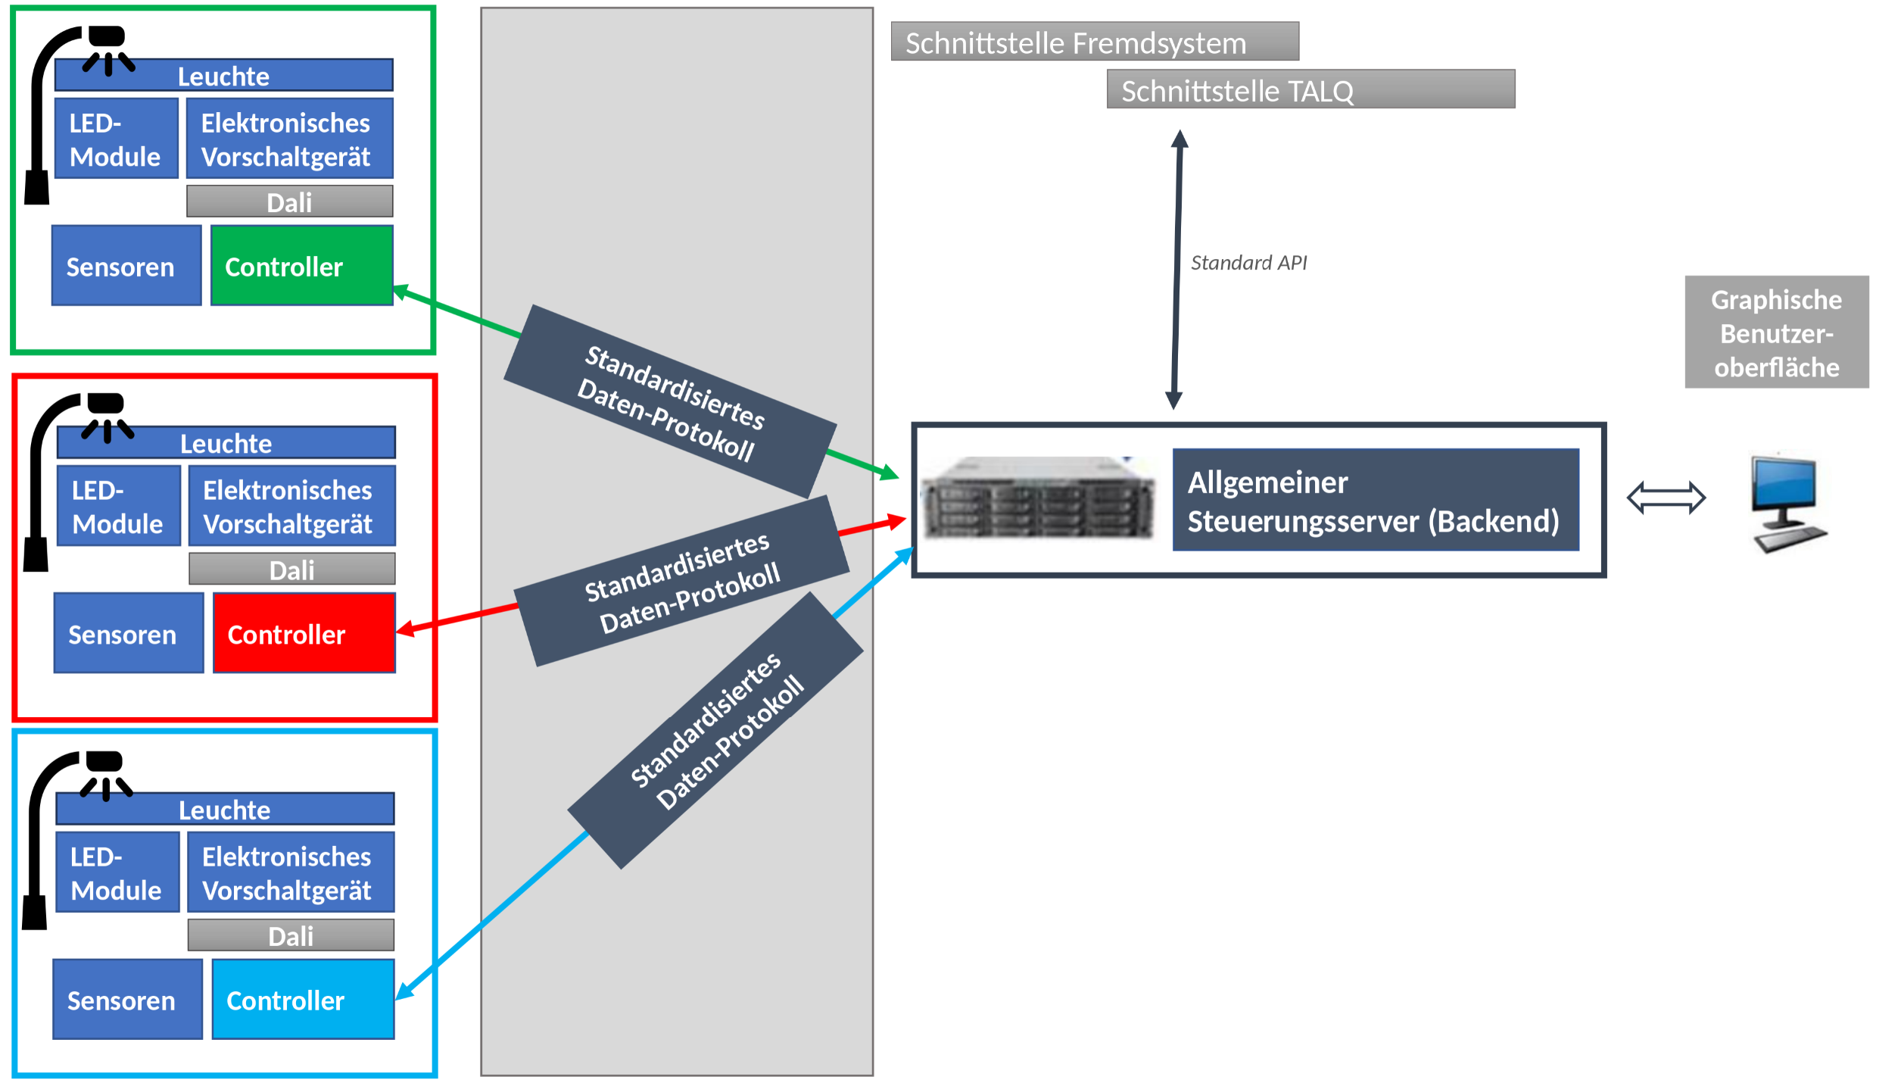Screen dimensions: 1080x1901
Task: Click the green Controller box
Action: (x=301, y=266)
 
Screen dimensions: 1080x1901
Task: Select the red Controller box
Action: (x=304, y=633)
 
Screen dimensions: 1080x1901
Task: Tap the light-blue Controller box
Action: (x=303, y=999)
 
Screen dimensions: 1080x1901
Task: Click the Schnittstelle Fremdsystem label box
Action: (x=1094, y=42)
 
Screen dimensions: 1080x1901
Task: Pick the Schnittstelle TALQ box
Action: (x=1310, y=89)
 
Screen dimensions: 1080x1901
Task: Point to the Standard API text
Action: (x=1248, y=263)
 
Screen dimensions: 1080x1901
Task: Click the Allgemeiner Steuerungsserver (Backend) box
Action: (x=1375, y=500)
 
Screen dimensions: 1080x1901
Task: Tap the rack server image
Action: (x=1038, y=498)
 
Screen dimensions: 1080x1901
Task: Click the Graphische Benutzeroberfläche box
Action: (x=1776, y=332)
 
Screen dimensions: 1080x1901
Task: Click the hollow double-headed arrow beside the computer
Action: (x=1666, y=498)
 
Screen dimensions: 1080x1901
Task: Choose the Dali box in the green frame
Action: (x=289, y=201)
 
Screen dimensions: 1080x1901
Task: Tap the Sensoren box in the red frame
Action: (x=129, y=633)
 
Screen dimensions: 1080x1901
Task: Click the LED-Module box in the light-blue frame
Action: (x=117, y=872)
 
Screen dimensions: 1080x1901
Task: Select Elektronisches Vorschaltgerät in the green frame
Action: (x=289, y=139)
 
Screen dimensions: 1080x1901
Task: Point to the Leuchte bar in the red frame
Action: (x=226, y=443)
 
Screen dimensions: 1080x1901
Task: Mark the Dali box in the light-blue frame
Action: (x=291, y=935)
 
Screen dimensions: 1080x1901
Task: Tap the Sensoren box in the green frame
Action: (x=126, y=266)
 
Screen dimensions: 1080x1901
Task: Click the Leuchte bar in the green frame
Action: (x=223, y=76)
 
